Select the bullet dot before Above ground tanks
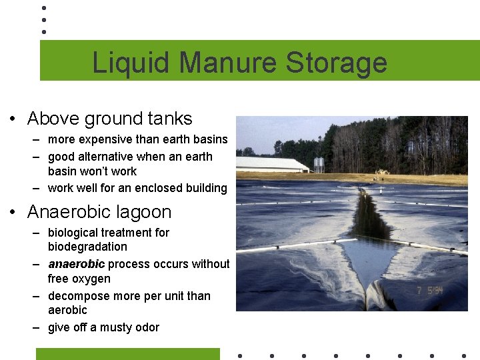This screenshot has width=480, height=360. (x=13, y=119)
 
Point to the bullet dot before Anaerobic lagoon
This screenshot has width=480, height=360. (x=13, y=213)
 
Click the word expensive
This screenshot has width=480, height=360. (x=106, y=139)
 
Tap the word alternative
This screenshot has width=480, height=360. (x=106, y=157)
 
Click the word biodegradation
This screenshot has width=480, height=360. (x=87, y=247)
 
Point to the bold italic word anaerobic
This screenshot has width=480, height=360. (x=76, y=264)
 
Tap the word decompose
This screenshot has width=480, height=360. (x=79, y=296)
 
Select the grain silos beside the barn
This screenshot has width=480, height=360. (x=319, y=164)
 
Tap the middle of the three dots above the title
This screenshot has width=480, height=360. (x=43, y=19)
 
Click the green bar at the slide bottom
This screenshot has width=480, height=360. (x=127, y=354)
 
